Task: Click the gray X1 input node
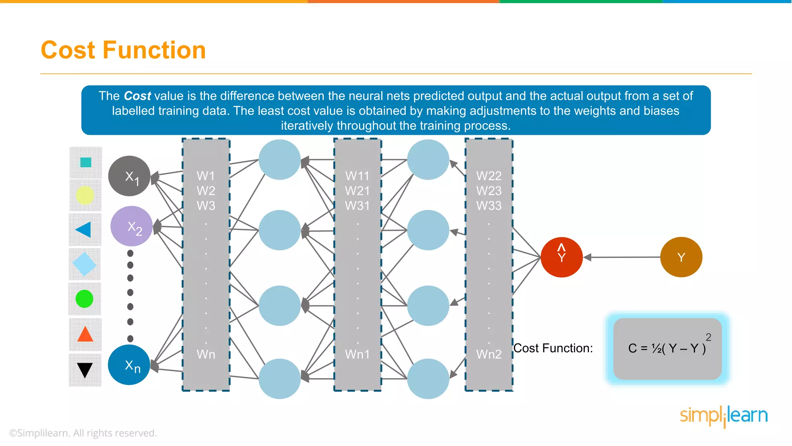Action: tap(129, 176)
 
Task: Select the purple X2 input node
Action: tap(131, 226)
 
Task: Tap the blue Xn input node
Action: tap(129, 365)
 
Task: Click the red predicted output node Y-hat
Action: tap(562, 257)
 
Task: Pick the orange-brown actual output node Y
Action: tap(681, 257)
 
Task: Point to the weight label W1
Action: tap(206, 176)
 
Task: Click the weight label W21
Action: tap(357, 191)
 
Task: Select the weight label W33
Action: tap(489, 206)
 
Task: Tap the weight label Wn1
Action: tap(357, 354)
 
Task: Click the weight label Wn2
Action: tap(489, 354)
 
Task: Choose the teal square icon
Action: tap(85, 162)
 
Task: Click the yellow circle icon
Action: tap(85, 195)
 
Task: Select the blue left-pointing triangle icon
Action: tap(84, 230)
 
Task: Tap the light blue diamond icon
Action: tap(84, 264)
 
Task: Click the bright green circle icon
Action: tap(84, 299)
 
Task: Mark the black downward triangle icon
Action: tap(85, 369)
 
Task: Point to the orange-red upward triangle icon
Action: tap(85, 334)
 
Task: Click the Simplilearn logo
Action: tap(724, 416)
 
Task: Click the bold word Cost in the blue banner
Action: tap(137, 96)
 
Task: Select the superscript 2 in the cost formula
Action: tap(708, 337)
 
